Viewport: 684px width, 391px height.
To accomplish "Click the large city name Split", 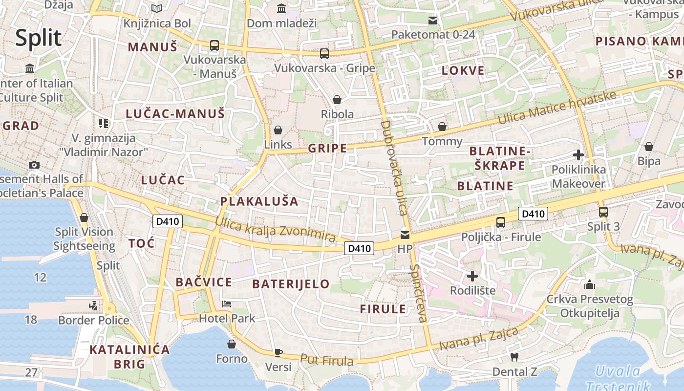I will click(x=38, y=38).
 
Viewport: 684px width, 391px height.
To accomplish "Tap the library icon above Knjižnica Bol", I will click(x=156, y=8).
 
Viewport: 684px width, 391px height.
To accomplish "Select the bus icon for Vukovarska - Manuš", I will click(x=214, y=45).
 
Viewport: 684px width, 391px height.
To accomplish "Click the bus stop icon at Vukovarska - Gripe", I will click(x=324, y=54).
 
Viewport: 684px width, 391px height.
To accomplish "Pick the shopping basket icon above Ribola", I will click(x=337, y=100).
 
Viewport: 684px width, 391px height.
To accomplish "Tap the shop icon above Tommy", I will click(x=442, y=127).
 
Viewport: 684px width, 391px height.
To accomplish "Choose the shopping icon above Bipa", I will click(x=648, y=147).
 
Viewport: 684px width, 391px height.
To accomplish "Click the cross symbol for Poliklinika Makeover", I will click(x=578, y=155).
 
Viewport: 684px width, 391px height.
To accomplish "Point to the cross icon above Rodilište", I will click(x=472, y=276).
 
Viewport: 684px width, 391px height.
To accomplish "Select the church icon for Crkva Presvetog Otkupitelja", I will click(x=589, y=284).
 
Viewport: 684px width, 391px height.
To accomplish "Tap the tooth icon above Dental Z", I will click(x=514, y=357).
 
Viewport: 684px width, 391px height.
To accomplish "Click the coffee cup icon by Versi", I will click(x=278, y=352).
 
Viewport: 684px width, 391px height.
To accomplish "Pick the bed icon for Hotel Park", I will click(x=227, y=304).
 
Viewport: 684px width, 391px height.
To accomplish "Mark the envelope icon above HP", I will click(x=405, y=235).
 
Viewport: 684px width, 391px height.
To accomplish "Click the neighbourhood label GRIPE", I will click(x=327, y=149).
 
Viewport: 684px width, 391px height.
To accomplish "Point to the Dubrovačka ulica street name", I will click(x=394, y=168).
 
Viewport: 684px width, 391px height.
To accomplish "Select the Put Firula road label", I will click(x=326, y=360).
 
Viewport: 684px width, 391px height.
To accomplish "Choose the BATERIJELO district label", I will click(x=291, y=284).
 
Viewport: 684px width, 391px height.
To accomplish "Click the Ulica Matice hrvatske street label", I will click(x=557, y=108).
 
